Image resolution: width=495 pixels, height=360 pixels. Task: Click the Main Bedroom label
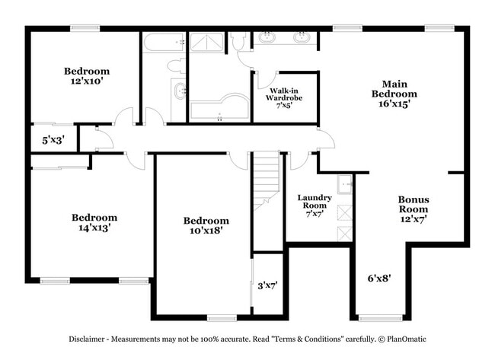(394, 94)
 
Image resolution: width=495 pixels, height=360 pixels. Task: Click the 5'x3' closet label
(53, 140)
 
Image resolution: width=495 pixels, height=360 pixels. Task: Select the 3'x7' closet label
(267, 286)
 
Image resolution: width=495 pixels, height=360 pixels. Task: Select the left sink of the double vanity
(268, 37)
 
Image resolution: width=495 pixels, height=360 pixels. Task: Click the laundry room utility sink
(345, 183)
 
